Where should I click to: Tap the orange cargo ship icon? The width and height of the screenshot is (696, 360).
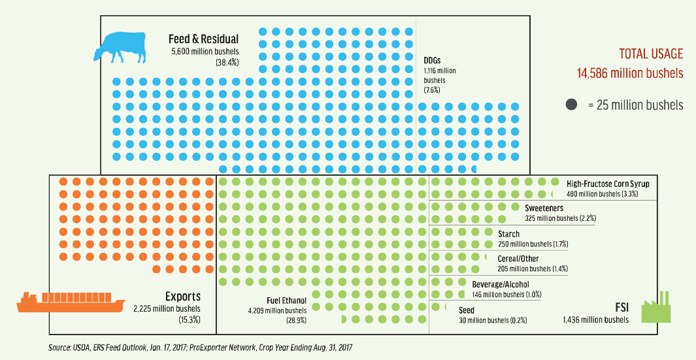[71, 302]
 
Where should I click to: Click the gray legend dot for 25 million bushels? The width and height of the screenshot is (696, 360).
[571, 105]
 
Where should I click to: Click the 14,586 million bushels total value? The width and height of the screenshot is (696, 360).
[629, 73]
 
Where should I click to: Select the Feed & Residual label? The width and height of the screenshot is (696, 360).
[203, 39]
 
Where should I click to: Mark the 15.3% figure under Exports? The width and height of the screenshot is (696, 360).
[188, 319]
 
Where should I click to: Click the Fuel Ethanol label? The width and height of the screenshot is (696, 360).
[286, 300]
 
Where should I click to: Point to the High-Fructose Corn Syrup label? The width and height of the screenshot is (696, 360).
[608, 184]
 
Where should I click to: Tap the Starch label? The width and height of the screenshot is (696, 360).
[509, 234]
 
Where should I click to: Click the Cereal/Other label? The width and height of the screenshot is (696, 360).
[518, 259]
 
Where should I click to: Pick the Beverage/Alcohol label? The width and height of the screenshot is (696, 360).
[501, 284]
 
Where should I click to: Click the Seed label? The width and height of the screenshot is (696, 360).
[467, 310]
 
